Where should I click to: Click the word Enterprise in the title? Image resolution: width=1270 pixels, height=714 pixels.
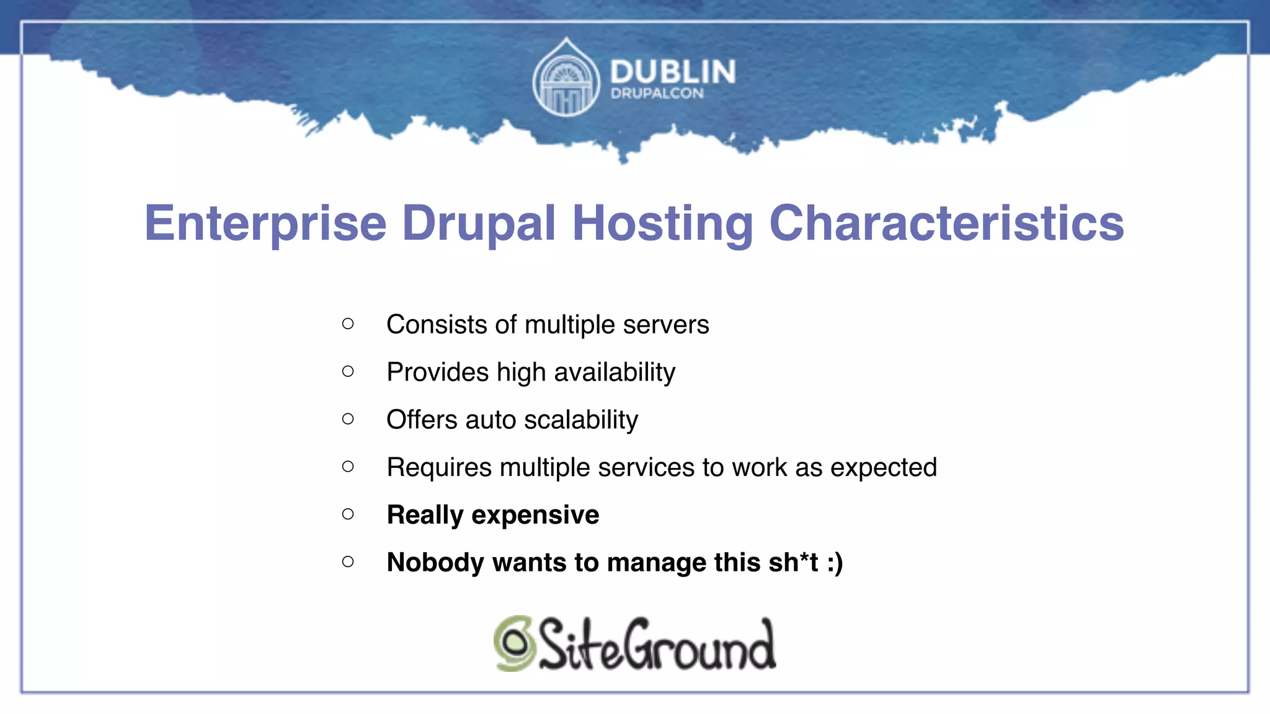(x=265, y=224)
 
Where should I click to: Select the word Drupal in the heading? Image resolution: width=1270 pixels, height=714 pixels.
(x=479, y=224)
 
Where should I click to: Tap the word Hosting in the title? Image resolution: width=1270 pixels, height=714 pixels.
(x=662, y=224)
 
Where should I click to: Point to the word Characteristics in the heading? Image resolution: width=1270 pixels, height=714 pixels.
(x=946, y=224)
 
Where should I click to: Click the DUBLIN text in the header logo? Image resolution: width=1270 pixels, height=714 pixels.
(x=673, y=72)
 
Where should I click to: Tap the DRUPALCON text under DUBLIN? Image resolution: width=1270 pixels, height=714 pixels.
(x=657, y=94)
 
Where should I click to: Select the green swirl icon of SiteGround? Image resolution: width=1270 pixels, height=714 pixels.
(x=514, y=643)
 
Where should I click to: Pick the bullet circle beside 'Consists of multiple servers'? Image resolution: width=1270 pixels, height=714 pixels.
(x=348, y=324)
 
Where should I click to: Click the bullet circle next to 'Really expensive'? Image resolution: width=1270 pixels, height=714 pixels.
(x=348, y=514)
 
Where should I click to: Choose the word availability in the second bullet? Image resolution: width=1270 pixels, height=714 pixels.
(x=614, y=372)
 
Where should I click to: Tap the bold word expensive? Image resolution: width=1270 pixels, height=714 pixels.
(x=535, y=515)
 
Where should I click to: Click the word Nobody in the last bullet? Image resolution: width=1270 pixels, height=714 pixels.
(x=435, y=563)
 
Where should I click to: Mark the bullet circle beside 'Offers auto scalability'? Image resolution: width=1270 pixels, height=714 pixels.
(x=348, y=419)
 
